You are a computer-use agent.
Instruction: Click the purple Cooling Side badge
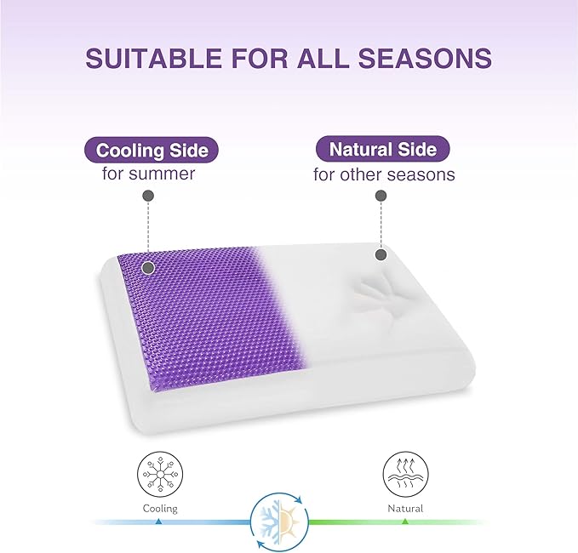click(x=152, y=151)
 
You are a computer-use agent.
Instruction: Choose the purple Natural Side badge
click(x=382, y=150)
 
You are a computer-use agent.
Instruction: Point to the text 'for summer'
click(x=144, y=174)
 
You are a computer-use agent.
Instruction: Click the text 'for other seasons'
click(x=384, y=175)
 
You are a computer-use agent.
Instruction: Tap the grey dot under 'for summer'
click(x=148, y=196)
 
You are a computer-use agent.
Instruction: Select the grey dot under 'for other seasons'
click(x=381, y=196)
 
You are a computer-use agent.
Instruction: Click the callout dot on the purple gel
click(x=148, y=267)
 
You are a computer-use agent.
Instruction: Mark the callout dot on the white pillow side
click(x=381, y=254)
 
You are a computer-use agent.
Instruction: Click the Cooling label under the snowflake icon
click(x=160, y=509)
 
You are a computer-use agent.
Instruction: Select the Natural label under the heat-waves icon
click(x=405, y=509)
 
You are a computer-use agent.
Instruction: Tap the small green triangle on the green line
click(x=405, y=521)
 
